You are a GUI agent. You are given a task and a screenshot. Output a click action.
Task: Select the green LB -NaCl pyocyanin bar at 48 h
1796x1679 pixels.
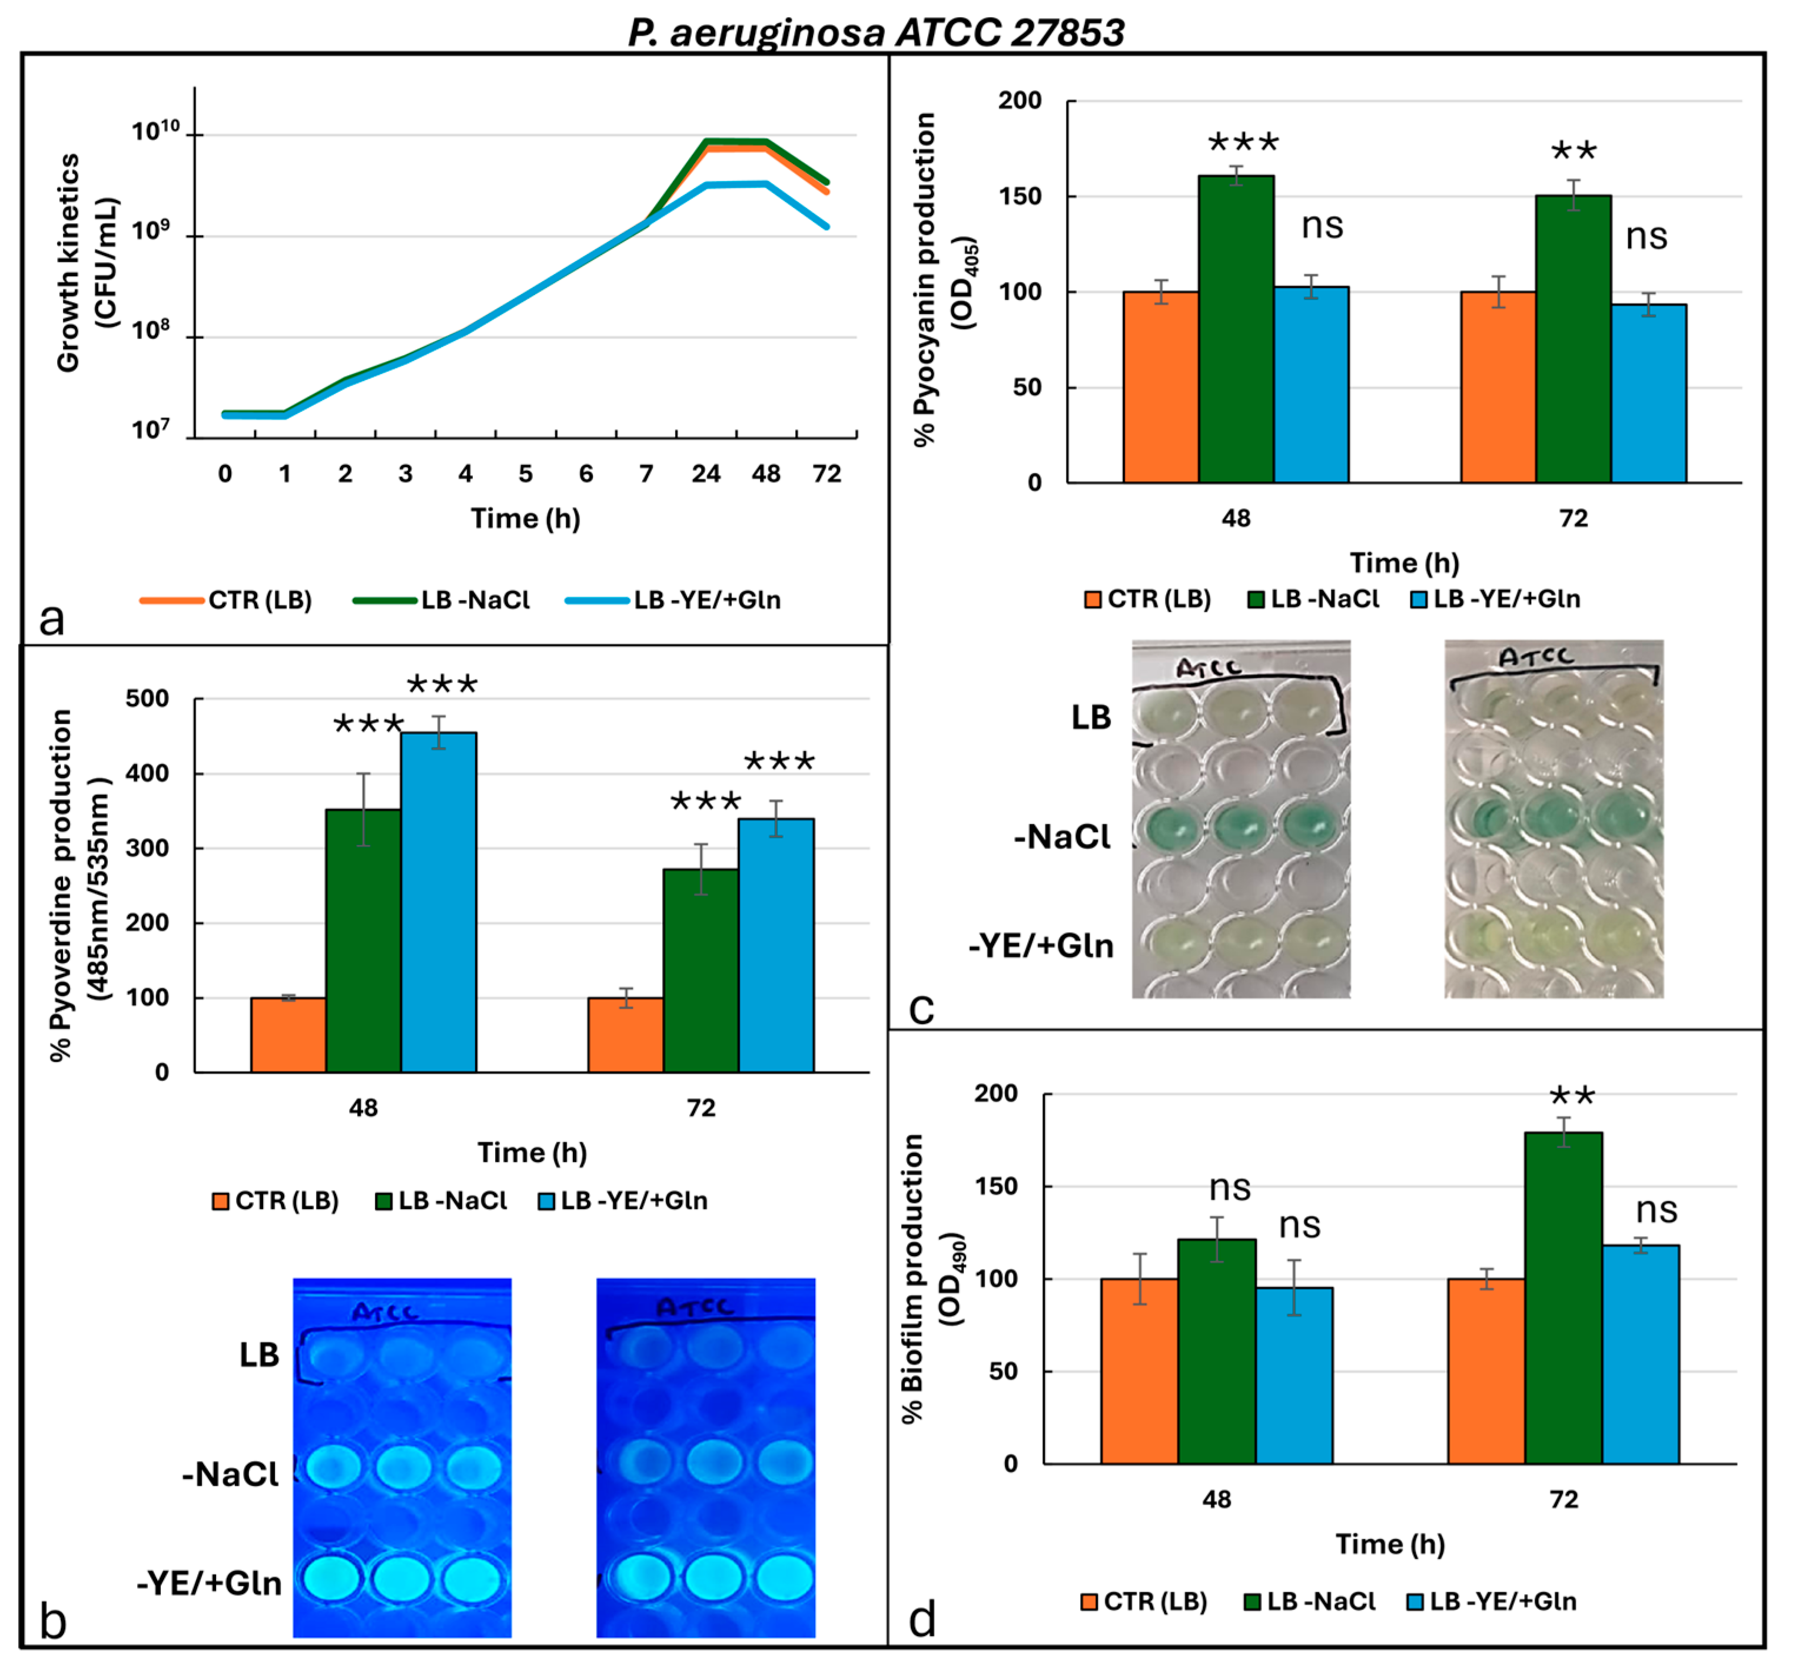coord(1236,329)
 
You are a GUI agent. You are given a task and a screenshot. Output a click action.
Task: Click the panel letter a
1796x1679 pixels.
coord(52,620)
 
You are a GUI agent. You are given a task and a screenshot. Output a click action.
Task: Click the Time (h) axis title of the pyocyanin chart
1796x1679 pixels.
coord(1405,563)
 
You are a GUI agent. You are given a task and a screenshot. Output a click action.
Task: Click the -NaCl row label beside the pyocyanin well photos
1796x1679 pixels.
coord(1063,837)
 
